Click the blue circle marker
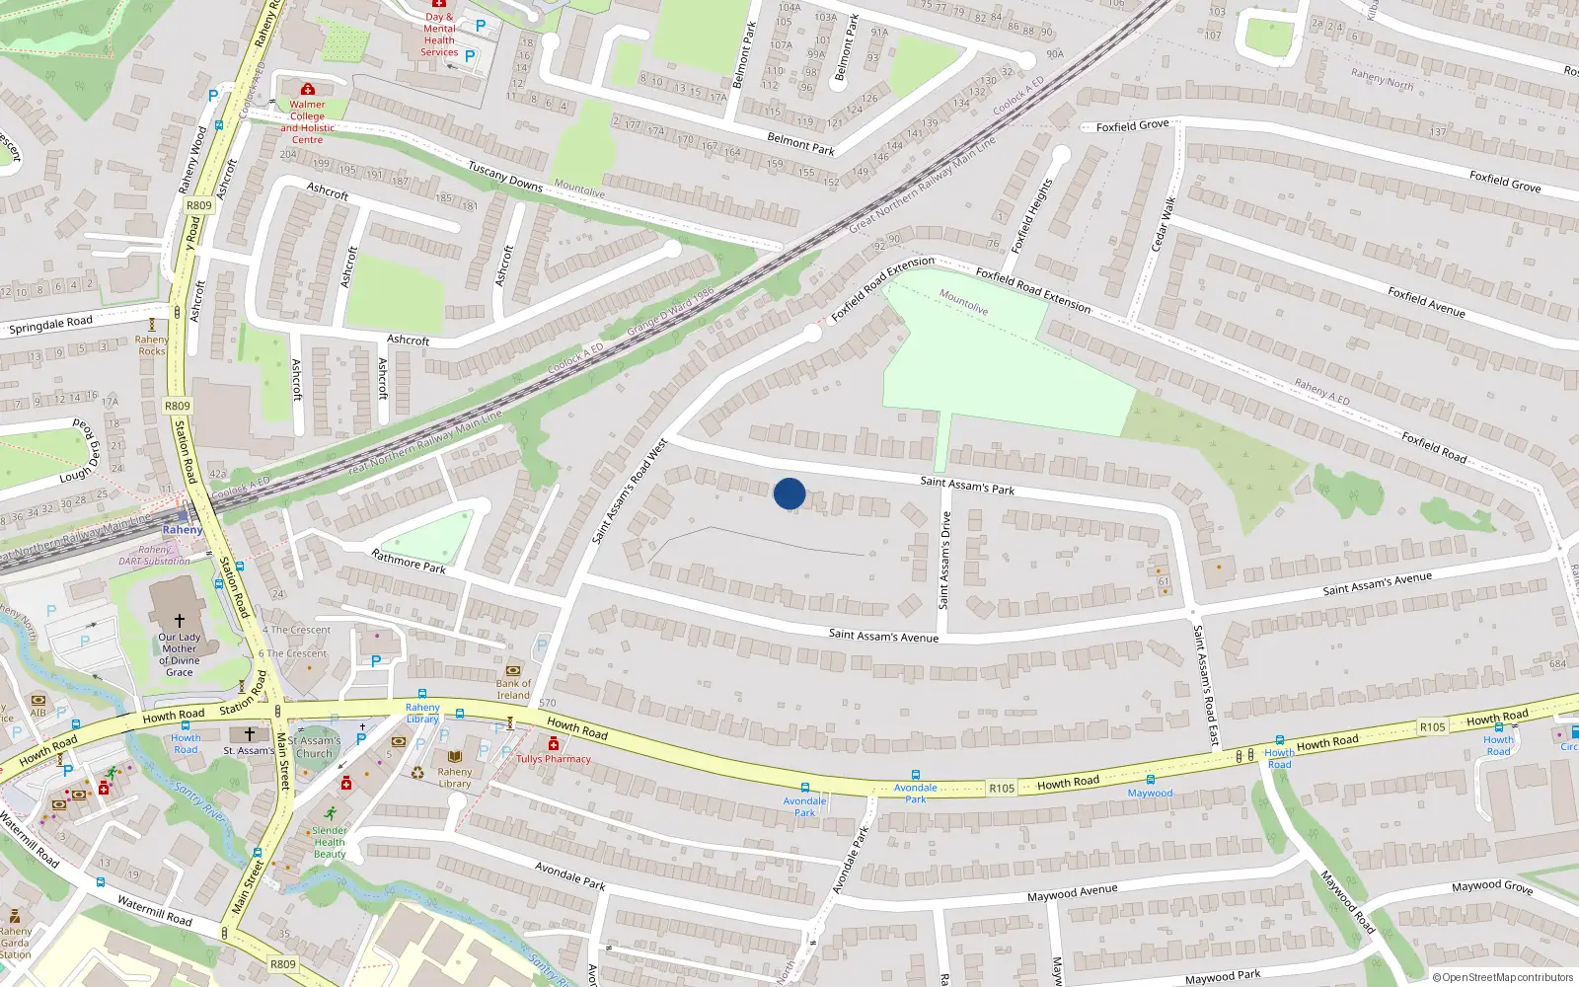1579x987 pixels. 789,493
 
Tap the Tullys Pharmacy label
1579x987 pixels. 554,759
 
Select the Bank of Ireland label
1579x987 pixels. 513,689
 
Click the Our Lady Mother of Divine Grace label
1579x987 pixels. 180,654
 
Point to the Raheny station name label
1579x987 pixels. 183,530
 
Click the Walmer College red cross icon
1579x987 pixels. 308,89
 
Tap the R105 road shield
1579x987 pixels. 1001,788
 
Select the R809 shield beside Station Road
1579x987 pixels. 178,406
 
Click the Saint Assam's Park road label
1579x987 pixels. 967,485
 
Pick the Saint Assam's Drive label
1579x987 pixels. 944,560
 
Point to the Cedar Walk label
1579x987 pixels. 1164,224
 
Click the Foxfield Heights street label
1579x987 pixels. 1031,216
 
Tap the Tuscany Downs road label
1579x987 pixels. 505,177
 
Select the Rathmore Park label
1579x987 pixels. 409,562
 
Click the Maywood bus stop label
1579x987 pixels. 1150,793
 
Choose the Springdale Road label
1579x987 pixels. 51,324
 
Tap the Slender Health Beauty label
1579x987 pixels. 330,842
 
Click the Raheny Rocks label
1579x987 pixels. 152,345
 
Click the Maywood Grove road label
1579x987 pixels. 1491,886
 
